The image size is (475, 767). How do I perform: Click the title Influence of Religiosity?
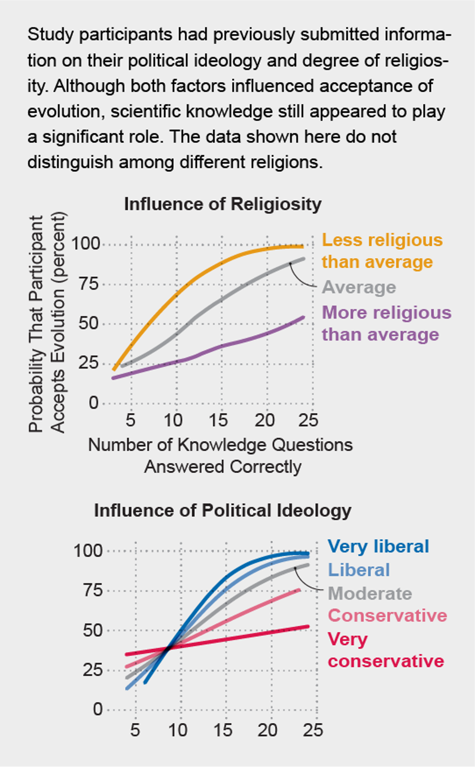[x=223, y=204]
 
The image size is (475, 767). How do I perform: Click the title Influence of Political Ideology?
[x=222, y=510]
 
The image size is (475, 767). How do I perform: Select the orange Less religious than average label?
[x=382, y=251]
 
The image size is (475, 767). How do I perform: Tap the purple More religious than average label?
[x=386, y=323]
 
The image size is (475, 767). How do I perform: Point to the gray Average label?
[x=359, y=287]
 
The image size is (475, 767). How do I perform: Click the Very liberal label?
[x=378, y=546]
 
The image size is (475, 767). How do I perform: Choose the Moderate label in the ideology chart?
[x=369, y=593]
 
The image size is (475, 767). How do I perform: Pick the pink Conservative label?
[x=387, y=616]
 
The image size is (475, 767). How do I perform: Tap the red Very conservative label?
[x=385, y=650]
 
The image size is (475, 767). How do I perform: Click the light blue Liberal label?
[x=359, y=570]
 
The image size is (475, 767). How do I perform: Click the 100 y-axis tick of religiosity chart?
[x=85, y=244]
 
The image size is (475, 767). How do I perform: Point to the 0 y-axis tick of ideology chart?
[x=98, y=710]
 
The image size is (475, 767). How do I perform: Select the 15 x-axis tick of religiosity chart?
[x=218, y=420]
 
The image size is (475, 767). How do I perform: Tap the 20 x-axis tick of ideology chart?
[x=268, y=730]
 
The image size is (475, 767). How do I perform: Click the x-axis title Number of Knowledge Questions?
[x=220, y=444]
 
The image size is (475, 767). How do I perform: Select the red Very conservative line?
[x=237, y=639]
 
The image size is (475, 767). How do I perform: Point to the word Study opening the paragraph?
[x=48, y=35]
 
